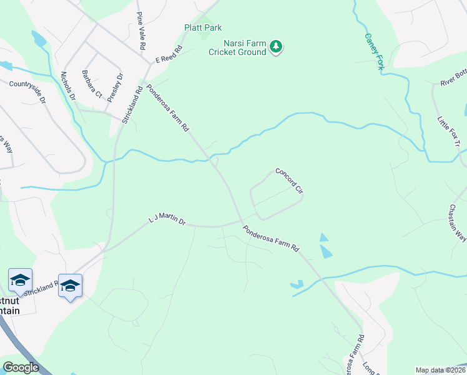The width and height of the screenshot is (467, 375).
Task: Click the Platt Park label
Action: pyautogui.click(x=203, y=27)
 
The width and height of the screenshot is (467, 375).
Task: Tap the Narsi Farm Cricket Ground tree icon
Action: pyautogui.click(x=275, y=46)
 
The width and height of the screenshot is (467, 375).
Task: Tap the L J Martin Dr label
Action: pyautogui.click(x=167, y=219)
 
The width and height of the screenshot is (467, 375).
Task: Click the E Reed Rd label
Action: pyautogui.click(x=169, y=54)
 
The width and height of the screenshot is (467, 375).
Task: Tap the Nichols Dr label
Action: pyautogui.click(x=68, y=86)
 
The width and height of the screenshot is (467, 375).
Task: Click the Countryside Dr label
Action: pyautogui.click(x=27, y=90)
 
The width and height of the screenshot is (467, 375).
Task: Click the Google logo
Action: pyautogui.click(x=21, y=367)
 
